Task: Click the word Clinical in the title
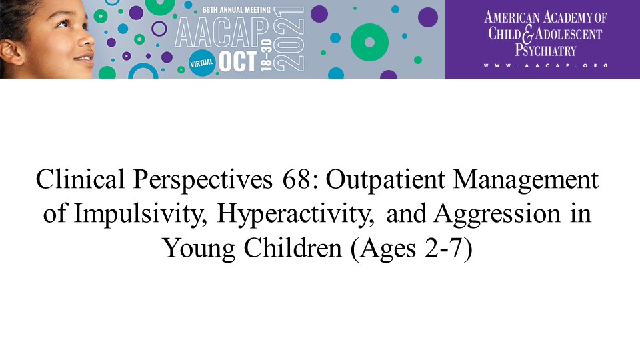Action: point(80,179)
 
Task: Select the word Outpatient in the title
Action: point(385,179)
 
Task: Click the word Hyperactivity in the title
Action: point(295,214)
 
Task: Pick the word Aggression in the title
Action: point(497,214)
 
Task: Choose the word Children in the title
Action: point(293,248)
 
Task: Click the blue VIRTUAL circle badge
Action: point(202,63)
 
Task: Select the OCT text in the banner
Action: point(238,61)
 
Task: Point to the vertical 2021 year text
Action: point(289,39)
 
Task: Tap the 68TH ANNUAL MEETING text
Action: point(236,9)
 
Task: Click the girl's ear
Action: point(11,52)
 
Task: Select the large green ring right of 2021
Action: point(369,43)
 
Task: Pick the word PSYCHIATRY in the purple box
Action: point(545,50)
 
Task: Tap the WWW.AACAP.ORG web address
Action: point(546,65)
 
